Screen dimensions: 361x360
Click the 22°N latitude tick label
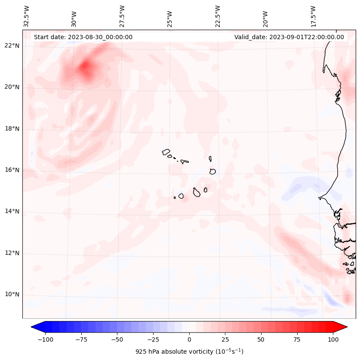pyautogui.click(x=12, y=46)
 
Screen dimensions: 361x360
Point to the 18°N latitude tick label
pyautogui.click(x=12, y=129)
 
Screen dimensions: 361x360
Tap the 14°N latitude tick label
pyautogui.click(x=12, y=211)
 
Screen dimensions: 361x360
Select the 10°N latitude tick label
pyautogui.click(x=12, y=294)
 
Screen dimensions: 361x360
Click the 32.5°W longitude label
pyautogui.click(x=27, y=16)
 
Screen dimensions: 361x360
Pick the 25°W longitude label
pyautogui.click(x=170, y=18)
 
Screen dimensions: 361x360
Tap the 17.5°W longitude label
pyautogui.click(x=313, y=16)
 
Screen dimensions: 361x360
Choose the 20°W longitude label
pyautogui.click(x=265, y=18)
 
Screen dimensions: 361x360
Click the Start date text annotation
pyautogui.click(x=83, y=37)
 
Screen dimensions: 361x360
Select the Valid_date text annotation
pyautogui.click(x=289, y=37)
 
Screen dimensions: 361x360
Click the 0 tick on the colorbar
pyautogui.click(x=189, y=339)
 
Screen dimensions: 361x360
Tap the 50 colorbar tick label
pyautogui.click(x=261, y=339)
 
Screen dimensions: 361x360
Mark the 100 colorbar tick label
pyautogui.click(x=333, y=339)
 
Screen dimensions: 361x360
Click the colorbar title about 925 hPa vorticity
pyautogui.click(x=189, y=352)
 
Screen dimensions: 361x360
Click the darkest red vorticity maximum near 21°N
pyautogui.click(x=85, y=66)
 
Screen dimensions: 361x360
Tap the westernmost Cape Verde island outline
pyautogui.click(x=166, y=152)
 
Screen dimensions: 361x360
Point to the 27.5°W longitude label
pyautogui.click(x=122, y=16)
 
